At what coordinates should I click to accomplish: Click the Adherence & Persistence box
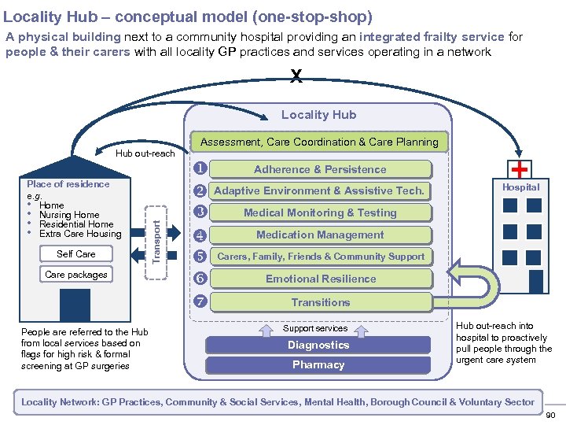pyautogui.click(x=320, y=169)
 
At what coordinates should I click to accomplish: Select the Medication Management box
pyautogui.click(x=320, y=235)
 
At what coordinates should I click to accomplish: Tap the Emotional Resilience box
pyautogui.click(x=320, y=279)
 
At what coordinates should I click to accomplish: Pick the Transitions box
pyautogui.click(x=320, y=302)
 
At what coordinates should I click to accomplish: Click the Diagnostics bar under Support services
pyautogui.click(x=318, y=345)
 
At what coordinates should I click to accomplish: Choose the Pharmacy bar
pyautogui.click(x=318, y=364)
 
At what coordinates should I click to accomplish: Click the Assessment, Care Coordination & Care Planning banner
pyautogui.click(x=319, y=142)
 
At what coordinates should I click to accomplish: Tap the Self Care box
pyautogui.click(x=76, y=253)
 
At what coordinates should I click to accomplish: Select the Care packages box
pyautogui.click(x=76, y=274)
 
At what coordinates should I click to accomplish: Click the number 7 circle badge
pyautogui.click(x=200, y=302)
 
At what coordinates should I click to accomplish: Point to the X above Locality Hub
pyautogui.click(x=296, y=76)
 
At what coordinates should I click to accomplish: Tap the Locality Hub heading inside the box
pyautogui.click(x=318, y=115)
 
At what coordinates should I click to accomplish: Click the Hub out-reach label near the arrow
pyautogui.click(x=145, y=153)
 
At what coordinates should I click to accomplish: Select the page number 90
pyautogui.click(x=550, y=416)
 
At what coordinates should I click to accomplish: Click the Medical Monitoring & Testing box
pyautogui.click(x=320, y=213)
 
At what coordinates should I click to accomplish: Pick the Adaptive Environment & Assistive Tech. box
pyautogui.click(x=319, y=190)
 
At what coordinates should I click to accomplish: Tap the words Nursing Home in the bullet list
pyautogui.click(x=69, y=215)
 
